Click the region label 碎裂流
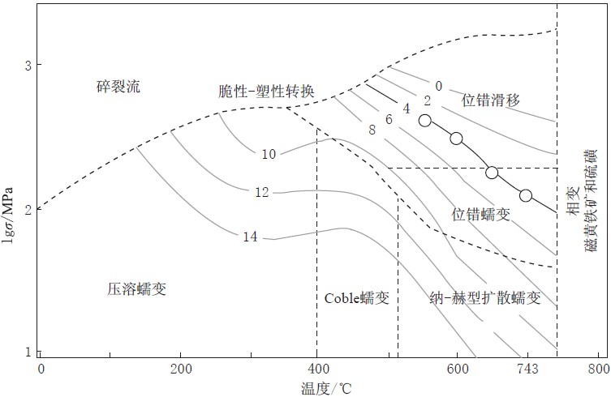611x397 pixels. (x=118, y=86)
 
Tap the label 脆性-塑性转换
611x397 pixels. (x=266, y=91)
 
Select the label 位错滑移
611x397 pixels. (x=491, y=100)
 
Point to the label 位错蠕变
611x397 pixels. (x=481, y=214)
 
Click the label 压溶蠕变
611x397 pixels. (x=137, y=288)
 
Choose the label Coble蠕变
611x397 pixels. (x=357, y=298)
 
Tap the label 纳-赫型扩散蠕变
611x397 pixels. (x=485, y=298)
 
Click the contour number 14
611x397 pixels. (x=251, y=237)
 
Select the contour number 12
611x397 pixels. (x=262, y=192)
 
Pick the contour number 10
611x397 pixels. (x=269, y=154)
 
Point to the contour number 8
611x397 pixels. (x=372, y=130)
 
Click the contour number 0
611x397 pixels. (x=439, y=86)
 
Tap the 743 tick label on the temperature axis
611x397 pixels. (x=527, y=369)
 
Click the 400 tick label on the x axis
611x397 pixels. (x=318, y=369)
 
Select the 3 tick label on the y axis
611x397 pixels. (x=28, y=66)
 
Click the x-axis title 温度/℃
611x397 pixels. (x=326, y=388)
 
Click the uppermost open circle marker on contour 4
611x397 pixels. (x=425, y=120)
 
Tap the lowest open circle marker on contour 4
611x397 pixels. (x=526, y=195)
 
